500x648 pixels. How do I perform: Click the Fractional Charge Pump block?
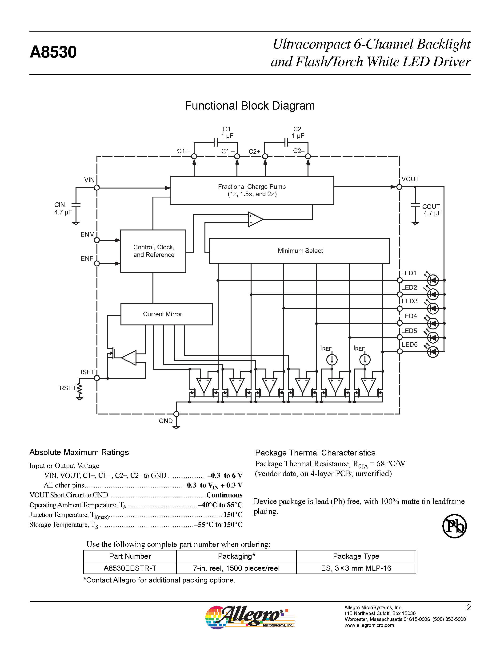click(252, 190)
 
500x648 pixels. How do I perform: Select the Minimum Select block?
click(299, 251)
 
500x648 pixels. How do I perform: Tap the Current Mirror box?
click(166, 314)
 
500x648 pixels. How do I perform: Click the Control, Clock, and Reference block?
click(153, 251)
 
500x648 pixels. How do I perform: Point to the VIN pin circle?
click(96, 188)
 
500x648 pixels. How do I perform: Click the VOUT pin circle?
click(399, 187)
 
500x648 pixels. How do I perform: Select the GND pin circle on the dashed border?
click(176, 414)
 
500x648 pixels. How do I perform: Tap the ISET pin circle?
click(96, 378)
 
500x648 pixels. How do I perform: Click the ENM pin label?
click(87, 234)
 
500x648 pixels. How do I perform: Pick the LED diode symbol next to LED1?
click(433, 280)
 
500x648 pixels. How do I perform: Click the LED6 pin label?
click(409, 345)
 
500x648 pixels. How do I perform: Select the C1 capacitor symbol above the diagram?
click(216, 142)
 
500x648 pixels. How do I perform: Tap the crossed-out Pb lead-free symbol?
click(454, 526)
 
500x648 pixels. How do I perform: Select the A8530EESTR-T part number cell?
click(130, 568)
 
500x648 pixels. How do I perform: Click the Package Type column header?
click(356, 556)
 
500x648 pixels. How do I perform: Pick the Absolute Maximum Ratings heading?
click(79, 452)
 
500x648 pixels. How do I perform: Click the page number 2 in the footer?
click(468, 608)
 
